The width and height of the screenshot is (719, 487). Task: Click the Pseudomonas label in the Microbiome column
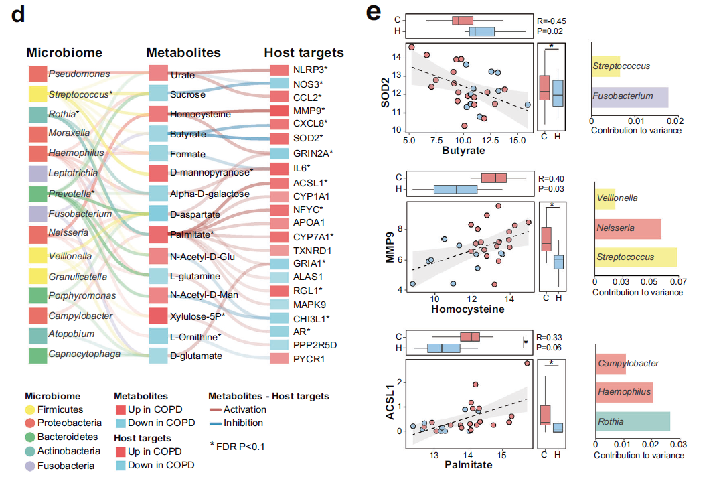(77, 74)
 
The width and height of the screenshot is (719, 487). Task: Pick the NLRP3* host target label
(310, 70)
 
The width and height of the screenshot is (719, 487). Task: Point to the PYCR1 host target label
(309, 359)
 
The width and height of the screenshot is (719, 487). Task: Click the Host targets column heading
(304, 52)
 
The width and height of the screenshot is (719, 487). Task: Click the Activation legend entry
(244, 409)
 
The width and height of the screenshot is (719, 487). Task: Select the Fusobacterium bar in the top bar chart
(630, 97)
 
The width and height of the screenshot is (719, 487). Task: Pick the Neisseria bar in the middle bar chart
(628, 228)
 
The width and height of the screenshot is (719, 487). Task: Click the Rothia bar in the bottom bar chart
(632, 421)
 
